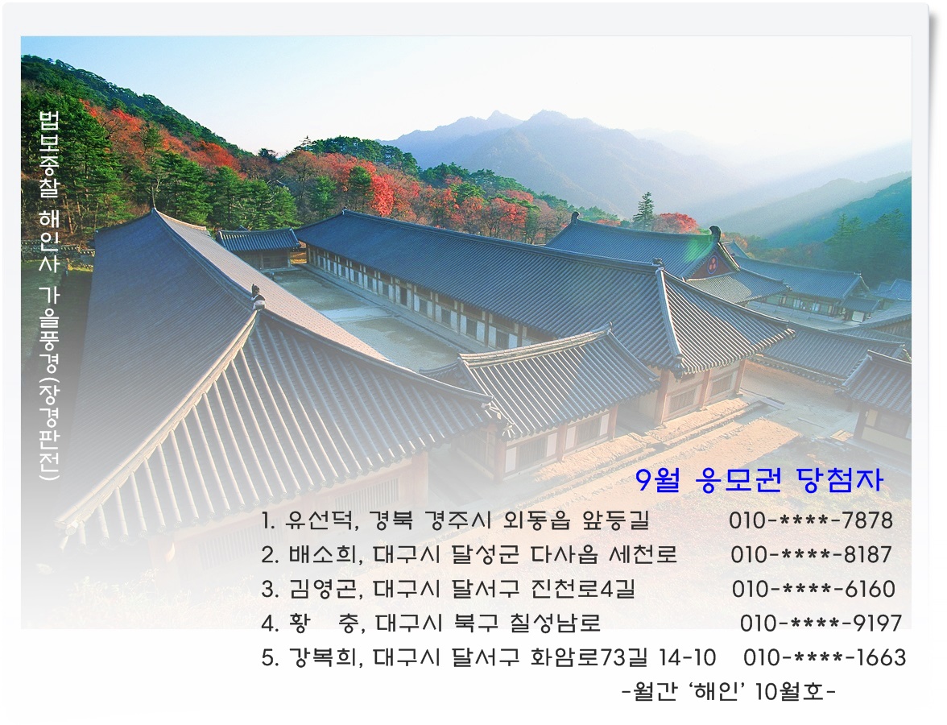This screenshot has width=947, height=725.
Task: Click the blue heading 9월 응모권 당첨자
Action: pyautogui.click(x=759, y=480)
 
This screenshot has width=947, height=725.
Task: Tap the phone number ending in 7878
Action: pyautogui.click(x=810, y=520)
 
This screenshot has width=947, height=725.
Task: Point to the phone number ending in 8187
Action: pyautogui.click(x=811, y=554)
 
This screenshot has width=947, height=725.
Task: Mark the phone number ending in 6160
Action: pyautogui.click(x=813, y=589)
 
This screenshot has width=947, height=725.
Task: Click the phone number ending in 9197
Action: pyautogui.click(x=821, y=623)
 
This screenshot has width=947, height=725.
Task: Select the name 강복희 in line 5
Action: pyautogui.click(x=322, y=657)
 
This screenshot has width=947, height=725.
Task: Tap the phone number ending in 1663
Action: pyautogui.click(x=825, y=657)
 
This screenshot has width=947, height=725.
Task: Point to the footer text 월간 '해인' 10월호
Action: pyautogui.click(x=729, y=690)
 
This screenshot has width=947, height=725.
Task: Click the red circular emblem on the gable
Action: pyautogui.click(x=713, y=263)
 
